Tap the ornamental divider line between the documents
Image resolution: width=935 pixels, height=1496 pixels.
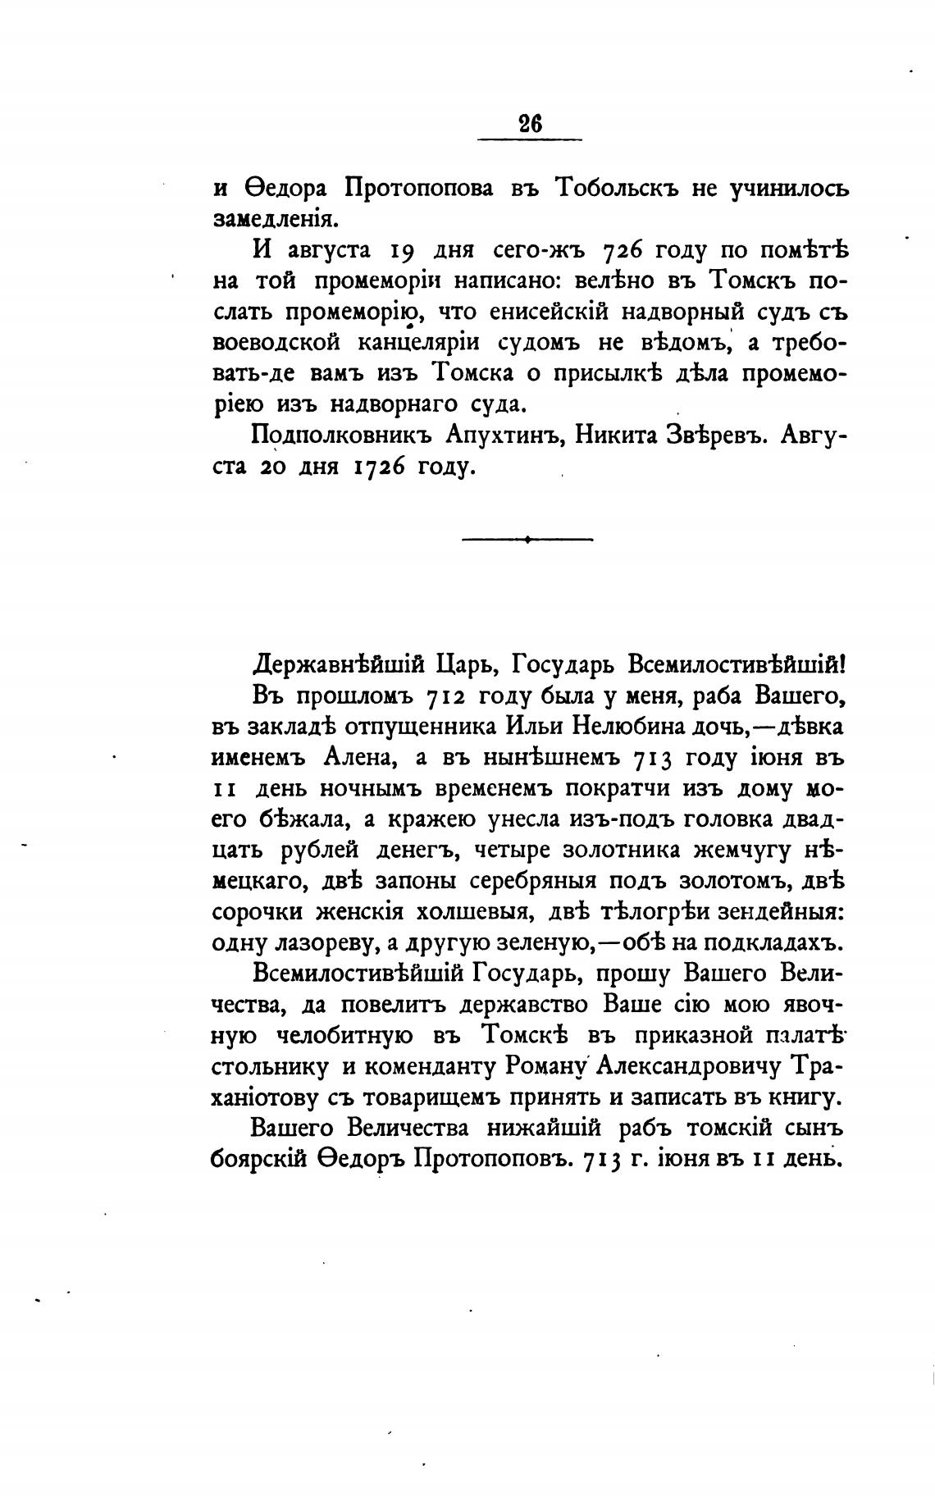(x=527, y=539)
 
